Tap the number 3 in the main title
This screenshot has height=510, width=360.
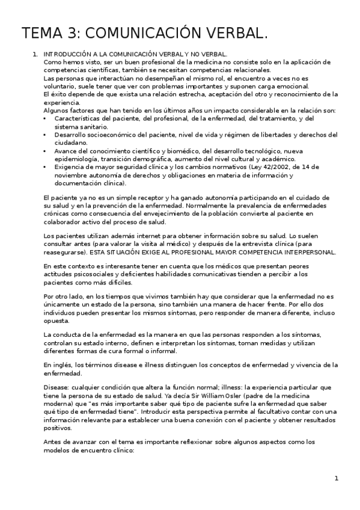coord(71,33)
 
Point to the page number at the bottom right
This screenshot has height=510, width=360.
coord(337,478)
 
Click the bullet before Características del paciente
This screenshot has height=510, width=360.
coord(46,119)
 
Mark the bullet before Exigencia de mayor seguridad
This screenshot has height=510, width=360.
coord(46,167)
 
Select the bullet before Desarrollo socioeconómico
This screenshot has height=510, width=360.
coord(46,135)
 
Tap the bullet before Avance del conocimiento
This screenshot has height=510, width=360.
coord(46,150)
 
